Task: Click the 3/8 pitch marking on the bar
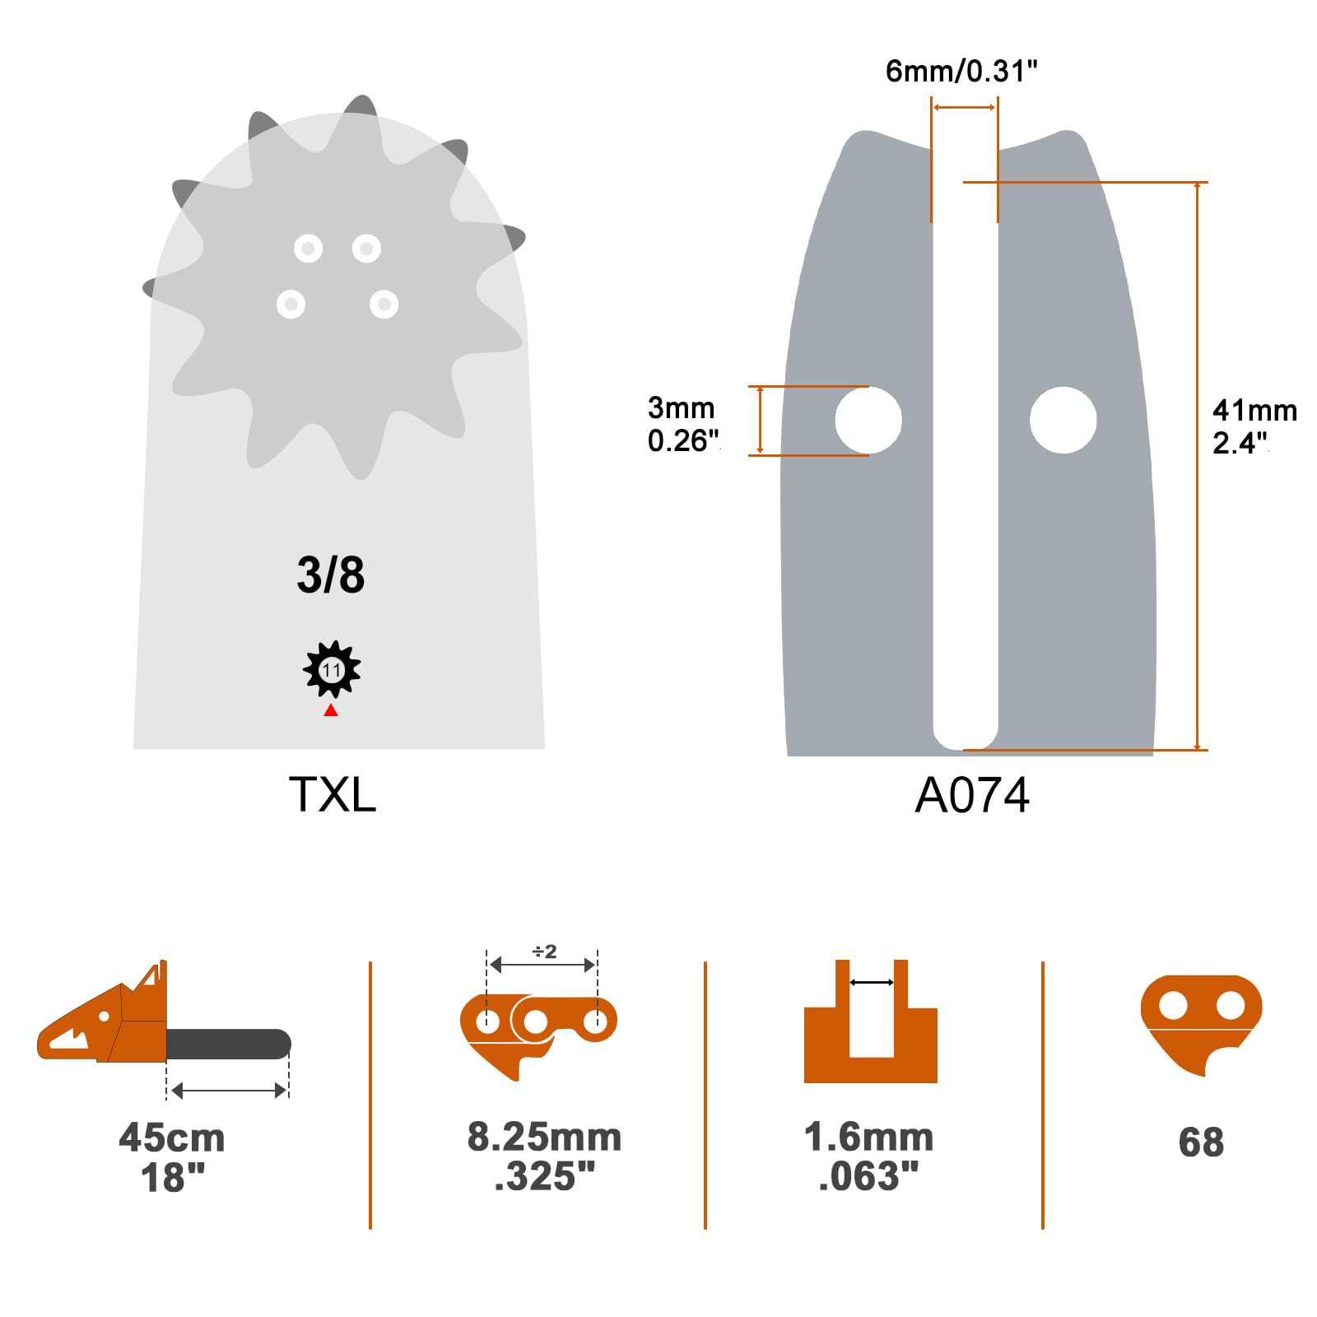point(330,575)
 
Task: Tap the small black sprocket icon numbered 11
point(332,669)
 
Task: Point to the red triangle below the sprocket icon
point(331,710)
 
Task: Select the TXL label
point(333,794)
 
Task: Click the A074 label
point(972,795)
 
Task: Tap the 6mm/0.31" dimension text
point(961,72)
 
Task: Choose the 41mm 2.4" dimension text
point(1254,426)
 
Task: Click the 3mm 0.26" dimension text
point(683,424)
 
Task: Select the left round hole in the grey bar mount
point(868,420)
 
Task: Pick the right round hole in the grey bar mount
point(1063,420)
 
